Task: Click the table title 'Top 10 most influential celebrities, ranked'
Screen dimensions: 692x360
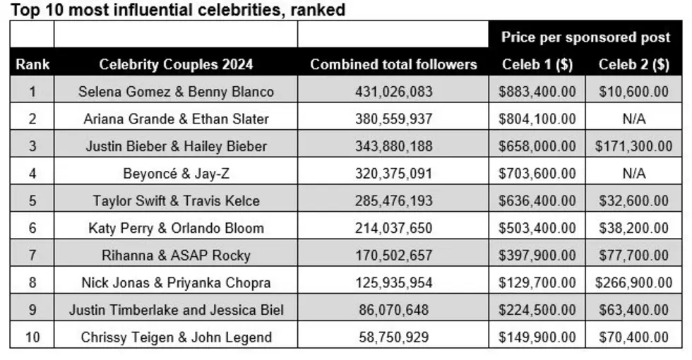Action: click(177, 10)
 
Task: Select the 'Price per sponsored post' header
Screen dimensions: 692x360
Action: click(585, 37)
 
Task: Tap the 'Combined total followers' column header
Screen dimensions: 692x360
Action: click(393, 64)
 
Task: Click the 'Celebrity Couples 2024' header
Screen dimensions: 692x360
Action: click(176, 64)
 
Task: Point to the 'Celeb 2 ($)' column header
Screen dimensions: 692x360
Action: click(634, 64)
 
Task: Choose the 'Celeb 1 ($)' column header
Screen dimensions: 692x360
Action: click(537, 64)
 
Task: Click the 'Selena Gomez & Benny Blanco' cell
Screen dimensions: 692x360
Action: click(176, 92)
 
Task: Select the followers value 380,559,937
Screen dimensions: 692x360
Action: click(393, 119)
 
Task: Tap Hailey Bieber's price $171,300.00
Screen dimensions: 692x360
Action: click(634, 147)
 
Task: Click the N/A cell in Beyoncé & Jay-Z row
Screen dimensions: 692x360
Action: click(634, 174)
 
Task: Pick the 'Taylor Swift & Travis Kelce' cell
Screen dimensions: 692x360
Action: click(176, 200)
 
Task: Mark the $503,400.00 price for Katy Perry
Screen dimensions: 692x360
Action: click(537, 228)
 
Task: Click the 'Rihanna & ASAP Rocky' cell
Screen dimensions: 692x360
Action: click(176, 256)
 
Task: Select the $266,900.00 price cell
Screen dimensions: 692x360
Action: click(634, 283)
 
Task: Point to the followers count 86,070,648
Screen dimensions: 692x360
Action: click(393, 310)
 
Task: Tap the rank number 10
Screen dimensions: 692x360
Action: click(32, 337)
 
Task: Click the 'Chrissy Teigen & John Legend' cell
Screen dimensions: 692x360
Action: click(176, 337)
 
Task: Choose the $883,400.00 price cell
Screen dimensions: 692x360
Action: click(537, 92)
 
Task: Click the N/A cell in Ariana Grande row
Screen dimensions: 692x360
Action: click(634, 119)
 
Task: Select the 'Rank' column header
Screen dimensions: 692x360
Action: click(32, 64)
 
